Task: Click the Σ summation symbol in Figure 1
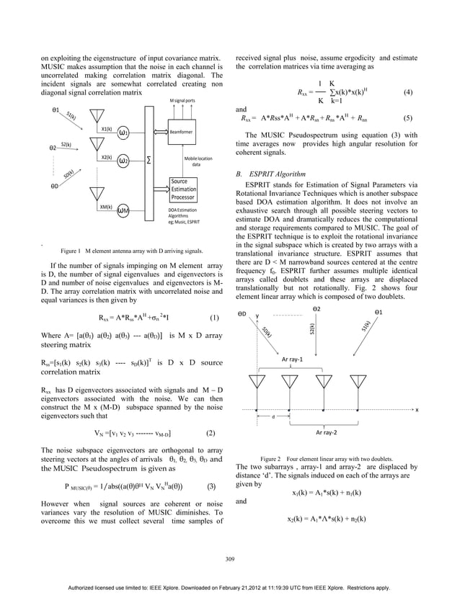pos(149,160)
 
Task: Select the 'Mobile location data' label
pos(198,160)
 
